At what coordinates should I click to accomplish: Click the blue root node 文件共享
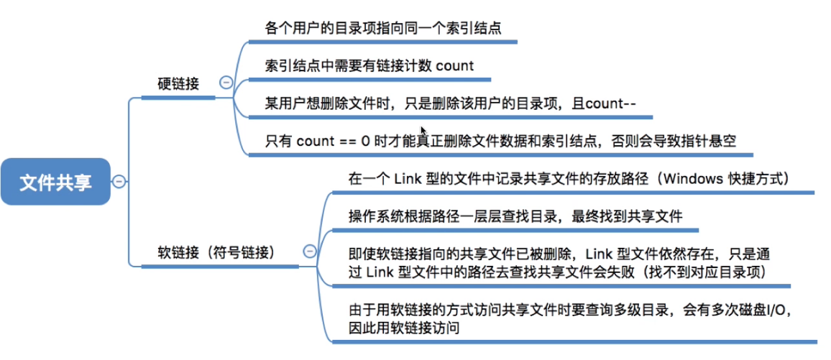55,183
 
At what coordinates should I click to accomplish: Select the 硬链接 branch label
178,84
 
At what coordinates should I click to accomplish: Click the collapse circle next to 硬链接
225,83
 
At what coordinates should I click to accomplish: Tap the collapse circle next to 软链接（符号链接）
310,251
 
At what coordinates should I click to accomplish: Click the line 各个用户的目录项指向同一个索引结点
382,28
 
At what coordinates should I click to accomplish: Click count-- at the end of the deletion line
610,103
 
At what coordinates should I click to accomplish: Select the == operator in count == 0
346,141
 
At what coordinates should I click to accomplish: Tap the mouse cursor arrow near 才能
424,132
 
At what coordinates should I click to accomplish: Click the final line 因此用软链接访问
404,328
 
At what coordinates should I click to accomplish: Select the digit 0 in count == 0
365,141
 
